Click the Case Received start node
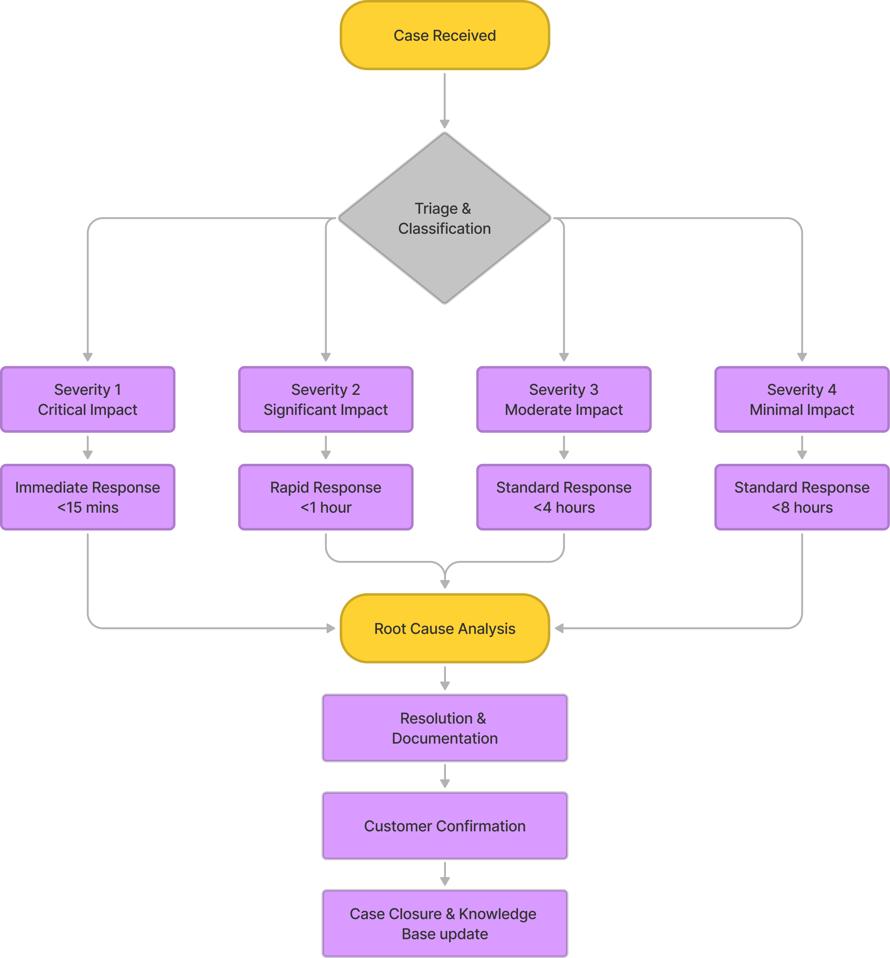(x=444, y=35)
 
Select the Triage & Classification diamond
(x=444, y=218)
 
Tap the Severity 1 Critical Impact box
(x=88, y=399)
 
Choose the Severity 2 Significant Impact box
(x=326, y=399)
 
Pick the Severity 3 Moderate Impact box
(x=563, y=399)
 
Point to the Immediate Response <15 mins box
(x=88, y=497)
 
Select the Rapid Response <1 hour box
(x=326, y=497)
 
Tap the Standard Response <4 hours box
(x=563, y=497)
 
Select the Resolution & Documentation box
(x=444, y=728)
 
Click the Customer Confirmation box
(x=444, y=825)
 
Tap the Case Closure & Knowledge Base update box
(x=444, y=923)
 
